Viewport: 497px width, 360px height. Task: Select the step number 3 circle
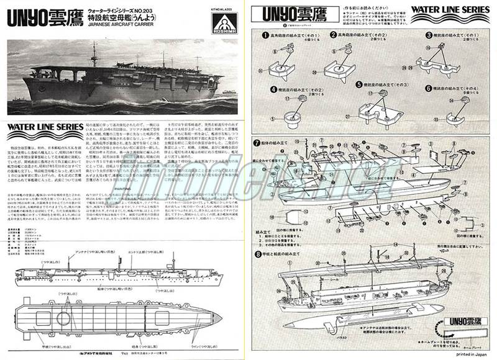[429, 35]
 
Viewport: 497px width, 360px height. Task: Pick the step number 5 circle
[359, 84]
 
